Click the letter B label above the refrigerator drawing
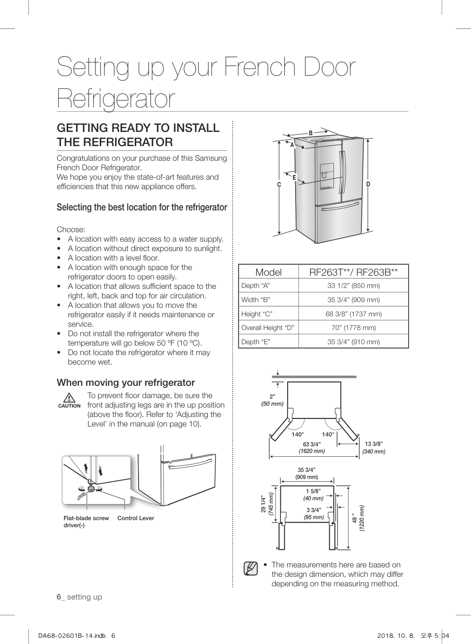[311, 133]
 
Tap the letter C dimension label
[279, 184]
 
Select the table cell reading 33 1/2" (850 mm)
[353, 286]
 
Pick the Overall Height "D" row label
[268, 328]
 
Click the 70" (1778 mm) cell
[353, 328]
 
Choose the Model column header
[268, 272]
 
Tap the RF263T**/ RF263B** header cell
[353, 272]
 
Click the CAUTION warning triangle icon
[69, 398]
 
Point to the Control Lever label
[136, 518]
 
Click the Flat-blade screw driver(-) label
[86, 522]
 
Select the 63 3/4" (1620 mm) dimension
[312, 447]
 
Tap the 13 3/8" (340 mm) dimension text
[374, 447]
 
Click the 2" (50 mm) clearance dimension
[272, 400]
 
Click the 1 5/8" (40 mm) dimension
[313, 495]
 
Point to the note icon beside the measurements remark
[251, 568]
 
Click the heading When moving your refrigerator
[126, 383]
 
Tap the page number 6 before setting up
[59, 597]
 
